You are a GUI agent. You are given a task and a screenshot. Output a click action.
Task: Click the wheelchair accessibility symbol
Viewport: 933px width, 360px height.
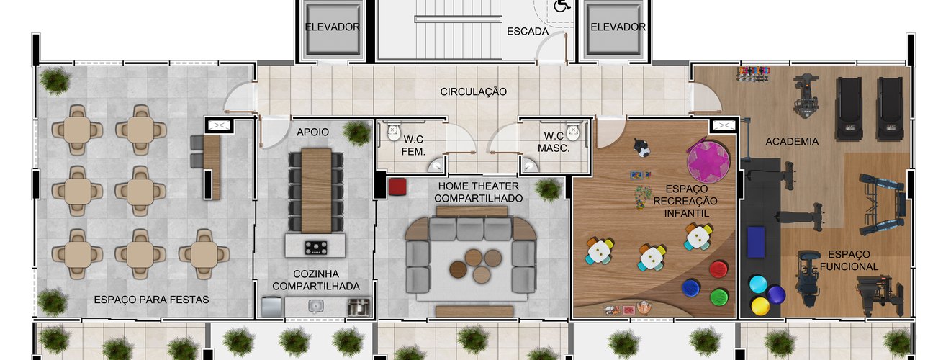coord(562,6)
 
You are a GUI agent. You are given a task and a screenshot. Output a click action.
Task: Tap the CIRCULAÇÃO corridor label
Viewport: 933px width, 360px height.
coord(474,91)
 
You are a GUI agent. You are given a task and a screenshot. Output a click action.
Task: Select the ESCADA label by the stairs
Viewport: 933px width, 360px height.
coord(527,31)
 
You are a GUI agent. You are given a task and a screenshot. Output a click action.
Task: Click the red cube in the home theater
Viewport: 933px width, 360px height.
coord(397,186)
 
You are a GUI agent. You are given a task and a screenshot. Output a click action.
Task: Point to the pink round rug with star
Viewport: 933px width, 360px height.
coord(708,162)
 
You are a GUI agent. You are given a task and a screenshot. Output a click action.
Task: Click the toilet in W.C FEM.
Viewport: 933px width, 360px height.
coord(394,131)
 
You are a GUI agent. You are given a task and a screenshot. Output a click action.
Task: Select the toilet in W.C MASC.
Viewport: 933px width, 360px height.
coord(573,130)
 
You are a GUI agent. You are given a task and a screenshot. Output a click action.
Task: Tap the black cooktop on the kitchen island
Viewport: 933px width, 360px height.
coord(316,248)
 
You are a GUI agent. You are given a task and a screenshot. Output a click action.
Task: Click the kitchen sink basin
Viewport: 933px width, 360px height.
coord(316,306)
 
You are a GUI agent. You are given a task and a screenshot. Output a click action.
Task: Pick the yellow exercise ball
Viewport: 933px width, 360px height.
coord(760,306)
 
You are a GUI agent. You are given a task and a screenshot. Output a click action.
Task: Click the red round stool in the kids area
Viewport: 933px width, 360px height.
coord(718,269)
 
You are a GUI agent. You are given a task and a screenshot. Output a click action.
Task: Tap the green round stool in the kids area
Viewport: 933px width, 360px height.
coord(719,297)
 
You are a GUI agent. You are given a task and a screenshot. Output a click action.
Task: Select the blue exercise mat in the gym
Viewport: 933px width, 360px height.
coord(756,242)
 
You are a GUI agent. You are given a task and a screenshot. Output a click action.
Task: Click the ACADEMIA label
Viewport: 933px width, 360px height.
coord(792,142)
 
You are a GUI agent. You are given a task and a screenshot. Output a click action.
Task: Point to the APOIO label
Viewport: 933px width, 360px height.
coord(313,132)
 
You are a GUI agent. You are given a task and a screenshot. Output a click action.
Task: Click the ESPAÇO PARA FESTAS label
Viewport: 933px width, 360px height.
coord(151,300)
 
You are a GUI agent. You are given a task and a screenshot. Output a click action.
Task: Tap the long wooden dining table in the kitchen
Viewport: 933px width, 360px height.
coord(316,190)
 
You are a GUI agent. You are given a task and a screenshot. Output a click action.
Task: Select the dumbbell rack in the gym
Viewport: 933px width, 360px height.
coord(754,73)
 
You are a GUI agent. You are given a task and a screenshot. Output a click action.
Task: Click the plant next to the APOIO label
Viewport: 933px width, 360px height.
coord(357,133)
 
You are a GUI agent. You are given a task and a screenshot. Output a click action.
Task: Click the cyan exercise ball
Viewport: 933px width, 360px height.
coord(758,284)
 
